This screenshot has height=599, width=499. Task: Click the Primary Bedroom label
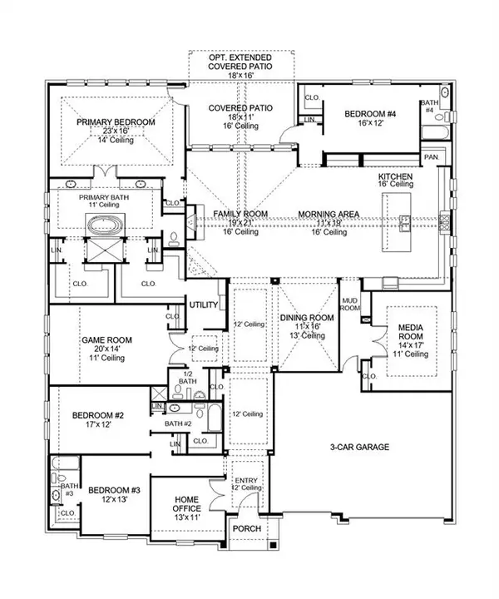coord(116,122)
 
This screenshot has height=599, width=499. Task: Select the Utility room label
coord(204,305)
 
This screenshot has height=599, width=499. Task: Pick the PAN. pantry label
coord(431,156)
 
